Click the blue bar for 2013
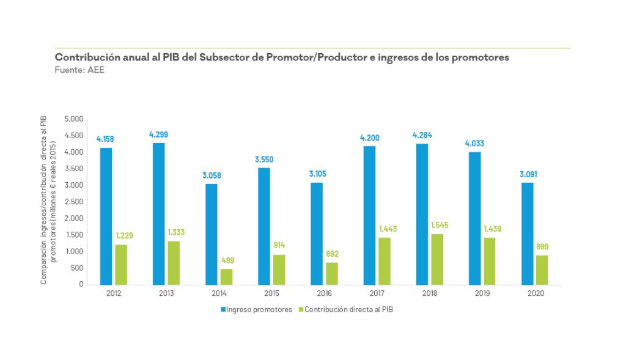[x=158, y=214]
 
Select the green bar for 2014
[x=226, y=277]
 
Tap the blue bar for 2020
[x=526, y=233]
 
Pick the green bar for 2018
[x=436, y=259]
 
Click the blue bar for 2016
[x=316, y=233]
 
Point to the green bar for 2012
[x=121, y=265]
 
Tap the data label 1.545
[x=438, y=226]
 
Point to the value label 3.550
[x=263, y=160]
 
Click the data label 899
[x=542, y=247]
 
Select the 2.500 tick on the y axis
[x=73, y=202]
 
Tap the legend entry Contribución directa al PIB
[x=347, y=310]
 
